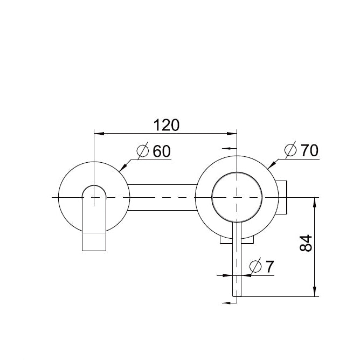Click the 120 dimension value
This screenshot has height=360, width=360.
click(x=166, y=125)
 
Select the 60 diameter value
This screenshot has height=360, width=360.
click(x=162, y=151)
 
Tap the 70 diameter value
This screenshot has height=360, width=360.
click(x=309, y=150)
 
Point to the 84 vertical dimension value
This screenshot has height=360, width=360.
click(x=306, y=243)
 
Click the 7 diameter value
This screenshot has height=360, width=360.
click(x=269, y=267)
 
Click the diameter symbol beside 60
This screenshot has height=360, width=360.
click(x=143, y=150)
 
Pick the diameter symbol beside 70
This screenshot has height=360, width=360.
click(x=290, y=150)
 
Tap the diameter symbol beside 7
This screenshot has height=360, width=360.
click(x=255, y=266)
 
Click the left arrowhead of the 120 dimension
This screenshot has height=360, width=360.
click(x=99, y=134)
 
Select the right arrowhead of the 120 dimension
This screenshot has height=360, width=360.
click(x=232, y=134)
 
